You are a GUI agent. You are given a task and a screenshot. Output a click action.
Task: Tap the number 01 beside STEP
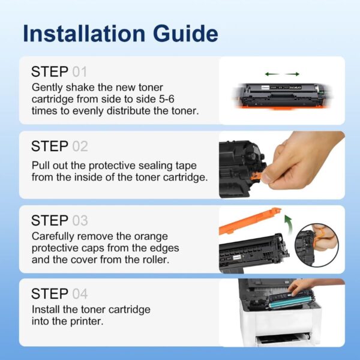(x=80, y=72)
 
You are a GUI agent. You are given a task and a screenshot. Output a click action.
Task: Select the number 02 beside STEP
(x=80, y=146)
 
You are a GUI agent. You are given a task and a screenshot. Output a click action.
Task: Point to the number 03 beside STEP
(x=80, y=220)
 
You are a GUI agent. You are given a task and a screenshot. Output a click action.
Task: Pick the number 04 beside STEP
(x=80, y=294)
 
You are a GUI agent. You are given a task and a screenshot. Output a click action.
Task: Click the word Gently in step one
(x=47, y=87)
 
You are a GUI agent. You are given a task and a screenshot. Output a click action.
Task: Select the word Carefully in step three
(x=56, y=236)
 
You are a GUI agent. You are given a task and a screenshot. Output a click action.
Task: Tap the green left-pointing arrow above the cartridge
(x=268, y=74)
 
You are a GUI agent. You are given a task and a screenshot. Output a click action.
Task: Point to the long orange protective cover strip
(x=250, y=220)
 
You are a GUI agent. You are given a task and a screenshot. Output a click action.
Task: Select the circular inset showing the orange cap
(x=317, y=245)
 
